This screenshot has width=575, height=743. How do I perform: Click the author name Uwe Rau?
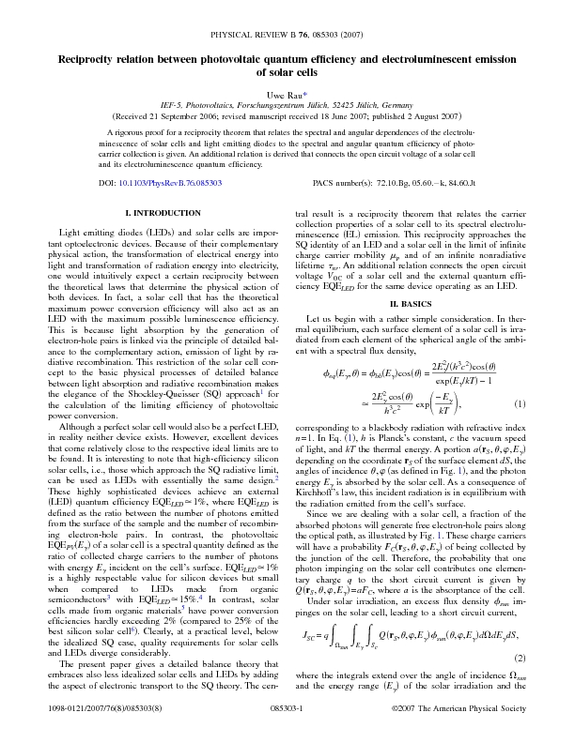tap(284, 95)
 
